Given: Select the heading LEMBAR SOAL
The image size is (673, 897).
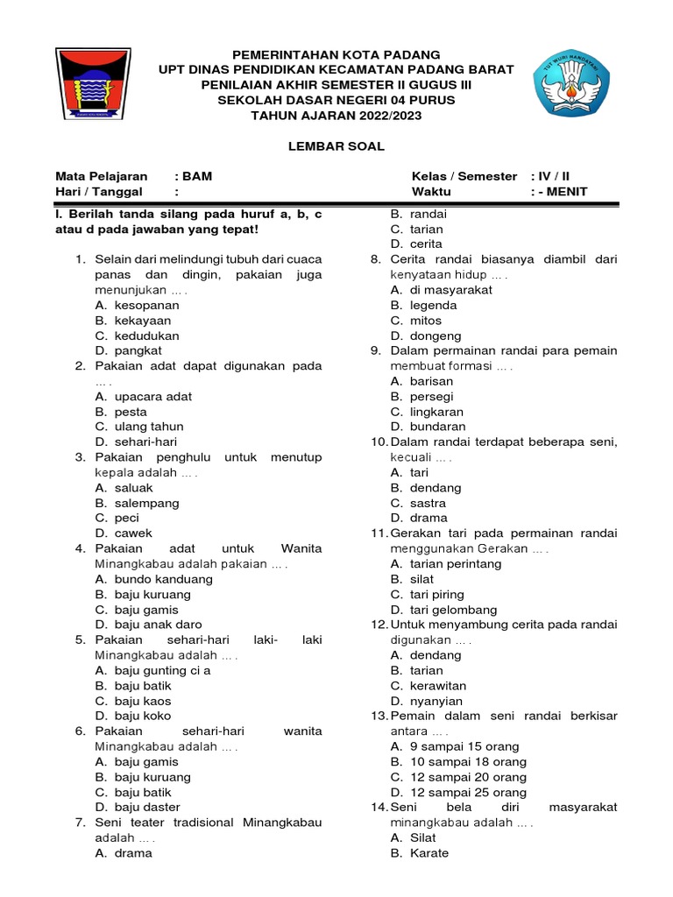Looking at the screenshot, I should coord(336,146).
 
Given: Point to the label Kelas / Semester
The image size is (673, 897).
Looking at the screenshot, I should coord(464,176).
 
